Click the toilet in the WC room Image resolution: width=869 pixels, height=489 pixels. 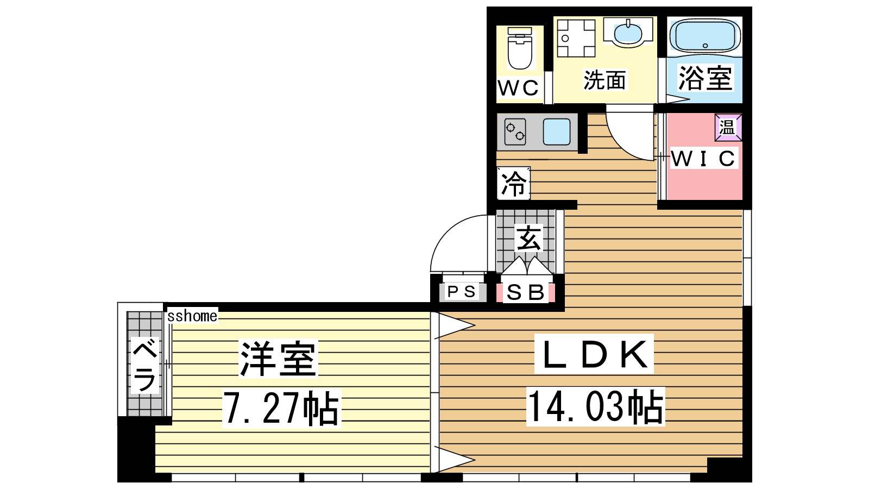coord(519,48)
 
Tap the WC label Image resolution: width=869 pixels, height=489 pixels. coord(518,87)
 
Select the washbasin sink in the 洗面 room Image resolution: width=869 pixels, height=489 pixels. coord(628,32)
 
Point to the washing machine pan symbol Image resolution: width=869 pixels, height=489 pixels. coord(576,38)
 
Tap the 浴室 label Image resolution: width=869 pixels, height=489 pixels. coord(705,78)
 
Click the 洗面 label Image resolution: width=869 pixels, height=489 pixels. coord(604,80)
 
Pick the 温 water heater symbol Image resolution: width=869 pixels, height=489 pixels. coord(728,127)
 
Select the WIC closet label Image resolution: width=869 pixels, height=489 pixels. coord(703,158)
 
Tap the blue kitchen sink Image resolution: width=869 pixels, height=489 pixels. coord(557,131)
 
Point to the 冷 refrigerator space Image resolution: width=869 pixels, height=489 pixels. coord(514,183)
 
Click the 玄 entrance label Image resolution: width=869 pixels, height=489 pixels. coord(528,239)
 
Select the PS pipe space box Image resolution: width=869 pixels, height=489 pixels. coord(462,291)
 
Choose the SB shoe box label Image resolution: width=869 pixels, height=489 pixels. coord(526,293)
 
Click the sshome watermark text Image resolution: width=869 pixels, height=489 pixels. coord(192,316)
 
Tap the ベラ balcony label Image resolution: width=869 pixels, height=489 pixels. coord(144,365)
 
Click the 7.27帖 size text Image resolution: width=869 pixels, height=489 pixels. coord(282,408)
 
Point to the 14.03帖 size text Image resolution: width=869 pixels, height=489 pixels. coord(595,406)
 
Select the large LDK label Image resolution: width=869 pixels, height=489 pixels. coord(594,354)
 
